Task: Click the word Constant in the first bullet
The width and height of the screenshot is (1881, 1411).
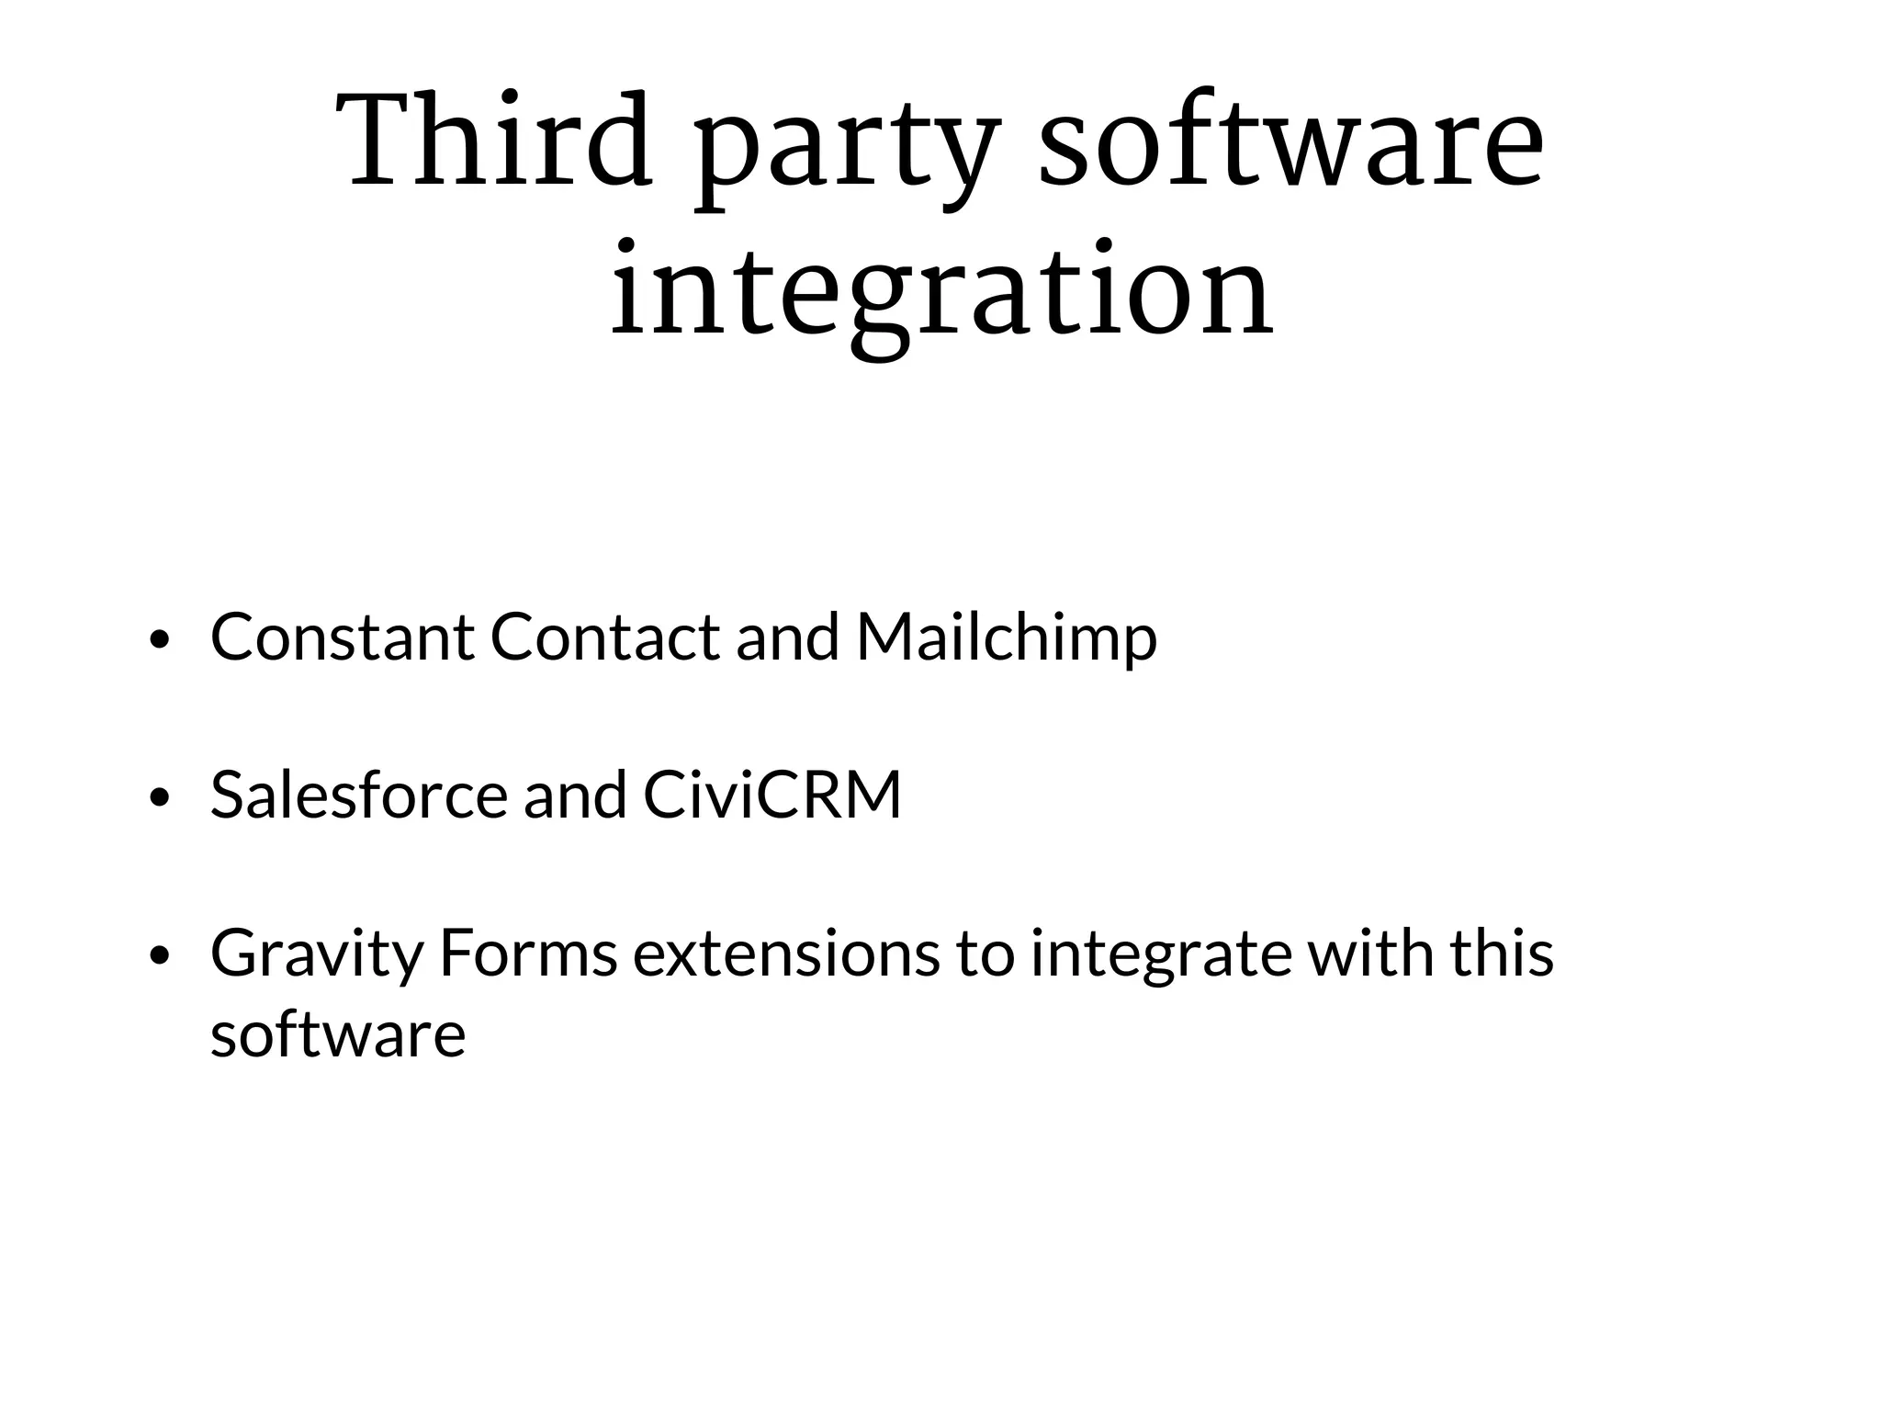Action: [343, 636]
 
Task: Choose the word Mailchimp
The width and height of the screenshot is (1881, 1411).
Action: [1007, 638]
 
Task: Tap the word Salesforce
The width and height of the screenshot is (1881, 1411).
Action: [358, 794]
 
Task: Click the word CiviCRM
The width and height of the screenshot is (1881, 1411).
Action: [772, 794]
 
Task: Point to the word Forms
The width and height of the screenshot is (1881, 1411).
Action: [528, 953]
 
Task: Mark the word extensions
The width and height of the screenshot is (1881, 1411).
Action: [786, 953]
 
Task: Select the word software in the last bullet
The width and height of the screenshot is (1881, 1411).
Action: [338, 1033]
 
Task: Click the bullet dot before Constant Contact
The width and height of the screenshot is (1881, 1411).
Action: [160, 640]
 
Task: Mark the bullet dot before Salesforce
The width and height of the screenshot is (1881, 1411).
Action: [160, 798]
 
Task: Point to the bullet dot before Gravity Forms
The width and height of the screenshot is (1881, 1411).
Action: [160, 957]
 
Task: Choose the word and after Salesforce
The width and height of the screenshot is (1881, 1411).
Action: [575, 794]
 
